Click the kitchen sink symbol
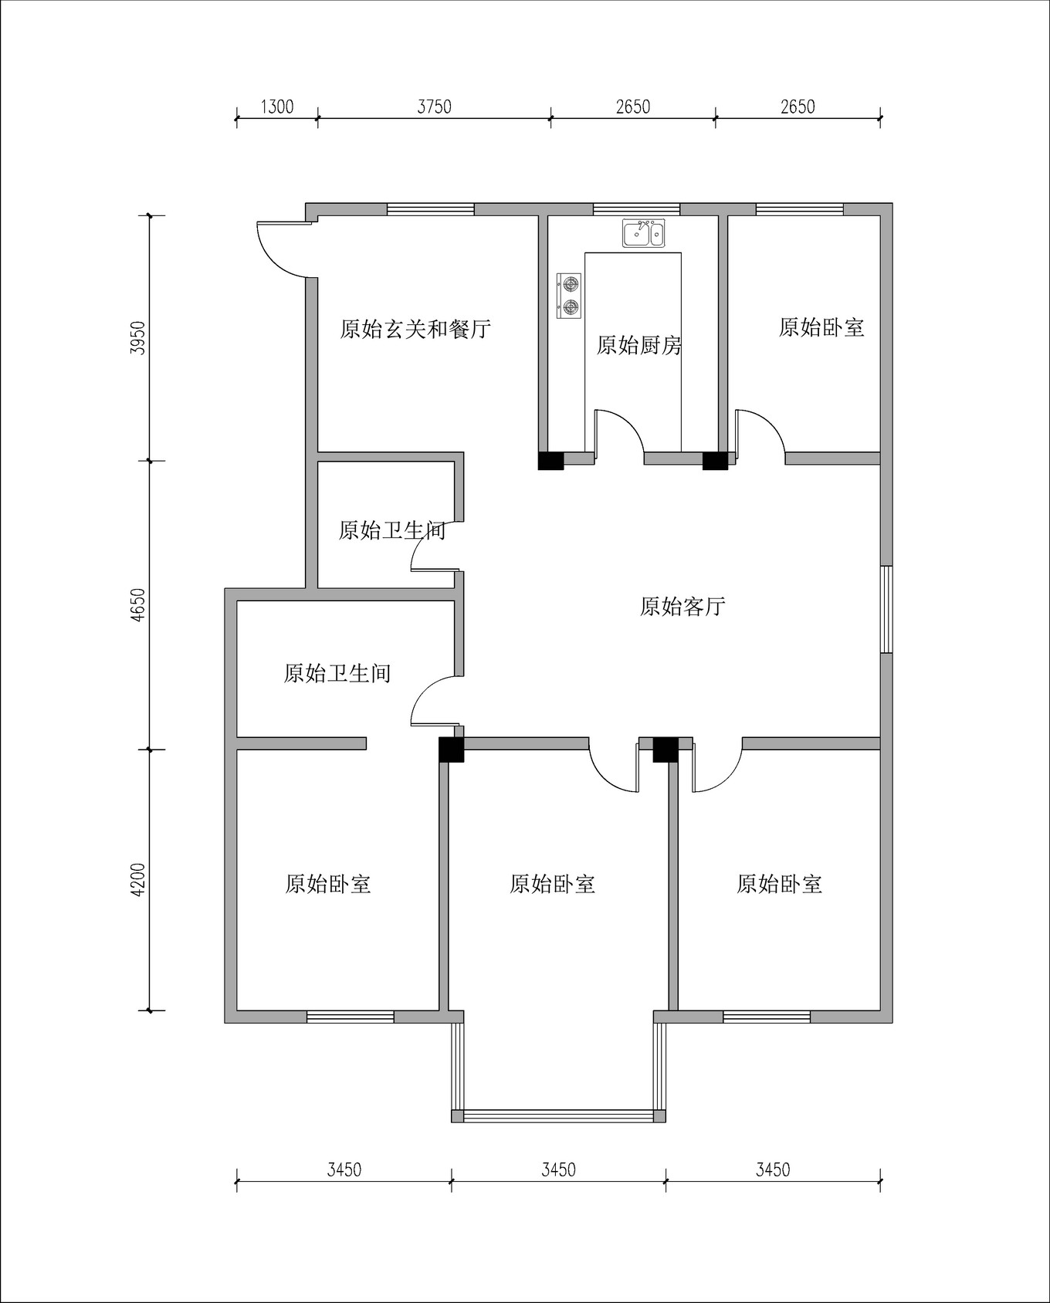[x=643, y=233]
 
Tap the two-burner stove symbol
[x=570, y=296]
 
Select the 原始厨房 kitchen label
[x=639, y=345]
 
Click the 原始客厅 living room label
[x=682, y=607]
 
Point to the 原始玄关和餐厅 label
[x=415, y=330]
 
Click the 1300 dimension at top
[x=276, y=107]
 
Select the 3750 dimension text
[x=434, y=107]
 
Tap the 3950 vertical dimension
[x=138, y=337]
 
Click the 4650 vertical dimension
[x=138, y=605]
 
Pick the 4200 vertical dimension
[x=138, y=879]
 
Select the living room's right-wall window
[x=887, y=609]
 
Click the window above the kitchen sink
[x=636, y=209]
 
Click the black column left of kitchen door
[x=550, y=460]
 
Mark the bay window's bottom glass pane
[x=558, y=1115]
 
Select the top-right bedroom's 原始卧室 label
[x=821, y=327]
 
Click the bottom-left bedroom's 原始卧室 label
[x=328, y=884]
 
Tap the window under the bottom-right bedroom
[x=766, y=1017]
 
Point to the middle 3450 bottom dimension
[x=558, y=1170]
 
